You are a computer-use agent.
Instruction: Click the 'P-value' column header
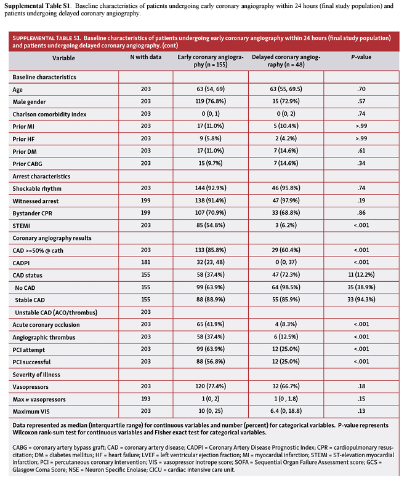coord(361,57)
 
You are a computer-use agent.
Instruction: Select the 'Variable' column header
coord(64,57)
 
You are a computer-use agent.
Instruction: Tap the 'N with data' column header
coord(145,57)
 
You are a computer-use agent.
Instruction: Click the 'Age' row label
coord(19,89)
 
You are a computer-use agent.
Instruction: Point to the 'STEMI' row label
coord(23,225)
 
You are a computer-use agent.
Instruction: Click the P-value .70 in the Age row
coord(361,89)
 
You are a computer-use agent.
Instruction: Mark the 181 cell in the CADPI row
coord(145,263)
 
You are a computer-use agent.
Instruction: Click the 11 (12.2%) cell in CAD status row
coord(361,275)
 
